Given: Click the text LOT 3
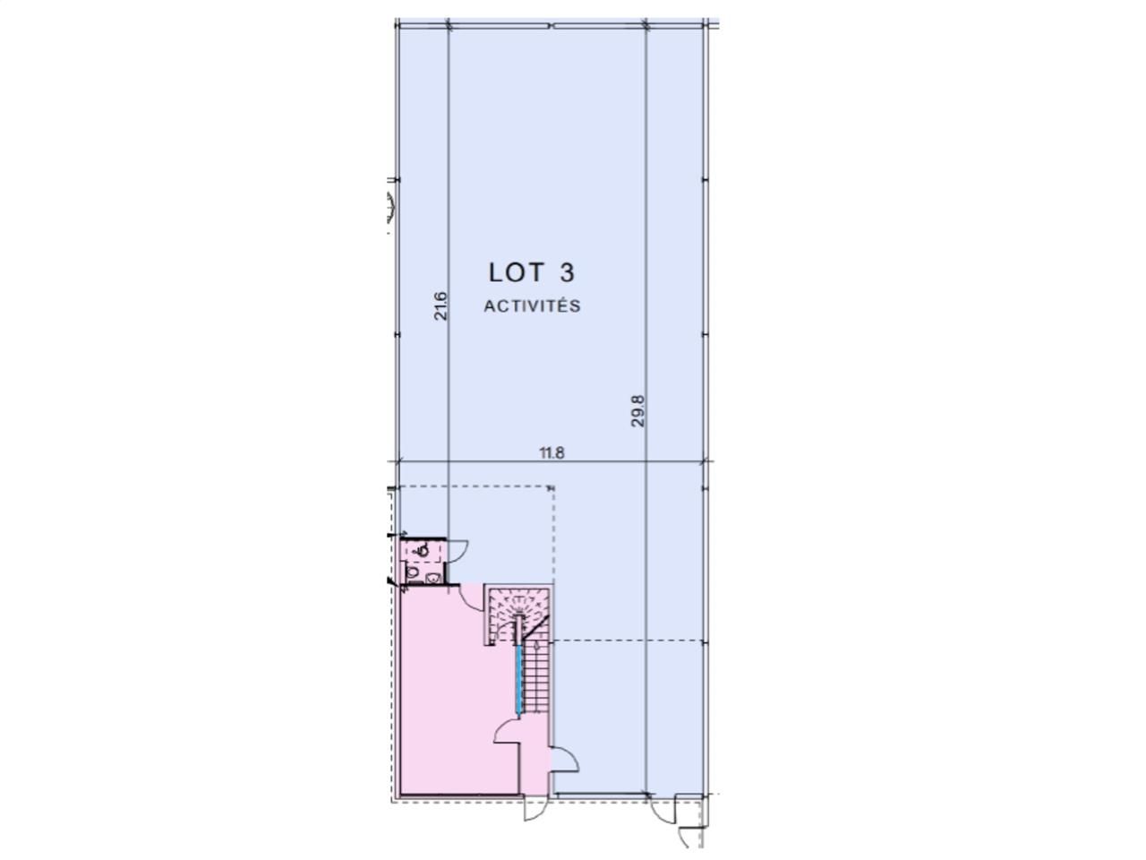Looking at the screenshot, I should (x=531, y=271).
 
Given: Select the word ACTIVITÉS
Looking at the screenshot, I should (x=532, y=306).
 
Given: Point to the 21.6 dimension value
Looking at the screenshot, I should (x=440, y=305).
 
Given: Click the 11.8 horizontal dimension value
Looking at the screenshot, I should (x=552, y=452).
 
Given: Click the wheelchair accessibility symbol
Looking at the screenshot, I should (x=422, y=549).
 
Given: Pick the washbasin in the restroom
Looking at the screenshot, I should (x=432, y=579).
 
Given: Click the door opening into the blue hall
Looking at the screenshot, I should (x=566, y=759).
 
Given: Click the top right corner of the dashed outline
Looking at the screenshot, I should (x=552, y=487).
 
